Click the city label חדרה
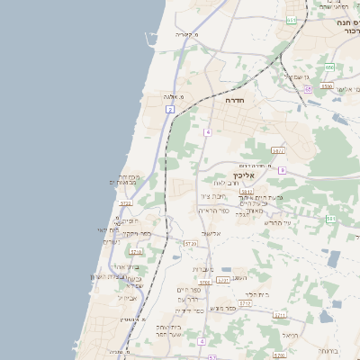235,101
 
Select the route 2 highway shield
169,109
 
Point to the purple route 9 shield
282,170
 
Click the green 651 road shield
292,20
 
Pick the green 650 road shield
330,67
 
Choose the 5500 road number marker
327,86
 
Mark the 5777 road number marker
277,150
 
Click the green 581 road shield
330,219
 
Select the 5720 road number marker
190,243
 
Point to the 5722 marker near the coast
125,204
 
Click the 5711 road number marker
281,316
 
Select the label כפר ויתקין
138,234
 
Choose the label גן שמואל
297,76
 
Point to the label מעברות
203,269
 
